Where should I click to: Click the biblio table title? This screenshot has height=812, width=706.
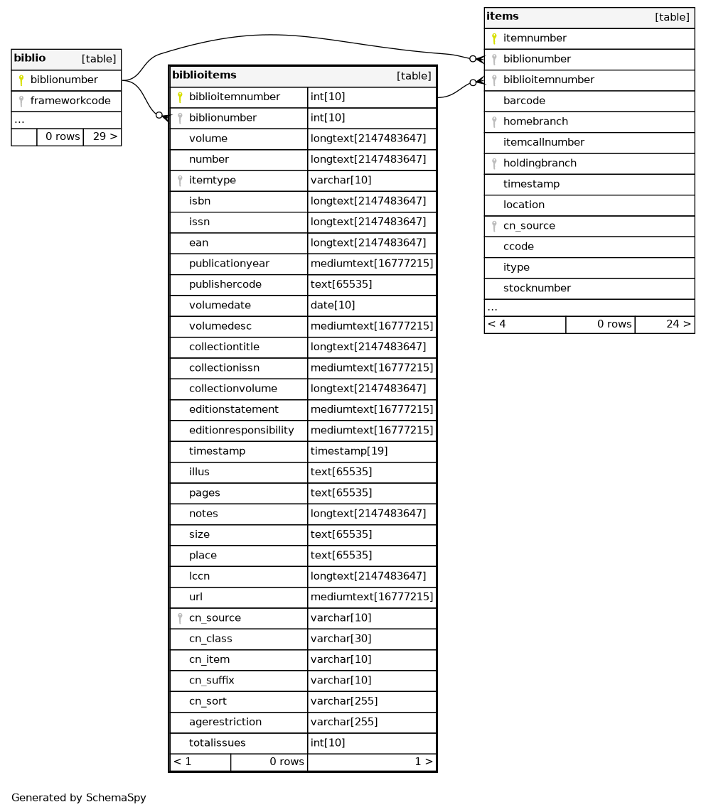tap(30, 58)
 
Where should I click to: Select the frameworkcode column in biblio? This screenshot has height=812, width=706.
tap(70, 101)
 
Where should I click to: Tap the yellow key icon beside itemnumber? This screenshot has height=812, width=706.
tap(493, 38)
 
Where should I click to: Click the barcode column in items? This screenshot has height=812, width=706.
tap(524, 101)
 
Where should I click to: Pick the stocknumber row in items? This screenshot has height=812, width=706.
tap(537, 288)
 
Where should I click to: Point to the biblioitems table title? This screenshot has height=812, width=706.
tap(204, 75)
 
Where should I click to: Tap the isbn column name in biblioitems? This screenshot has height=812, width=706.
tap(200, 201)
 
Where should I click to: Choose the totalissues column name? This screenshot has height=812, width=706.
tap(217, 743)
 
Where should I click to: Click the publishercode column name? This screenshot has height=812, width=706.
tap(225, 285)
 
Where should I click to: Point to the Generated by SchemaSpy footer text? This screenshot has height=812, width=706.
tap(79, 798)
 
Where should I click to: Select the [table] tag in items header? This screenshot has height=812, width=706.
tap(672, 17)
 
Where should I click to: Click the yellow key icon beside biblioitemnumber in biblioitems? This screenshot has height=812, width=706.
tap(180, 97)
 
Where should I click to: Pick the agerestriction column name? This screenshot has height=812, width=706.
tap(225, 722)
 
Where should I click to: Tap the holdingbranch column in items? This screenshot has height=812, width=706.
tap(540, 163)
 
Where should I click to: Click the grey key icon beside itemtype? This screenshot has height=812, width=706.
tap(180, 180)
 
